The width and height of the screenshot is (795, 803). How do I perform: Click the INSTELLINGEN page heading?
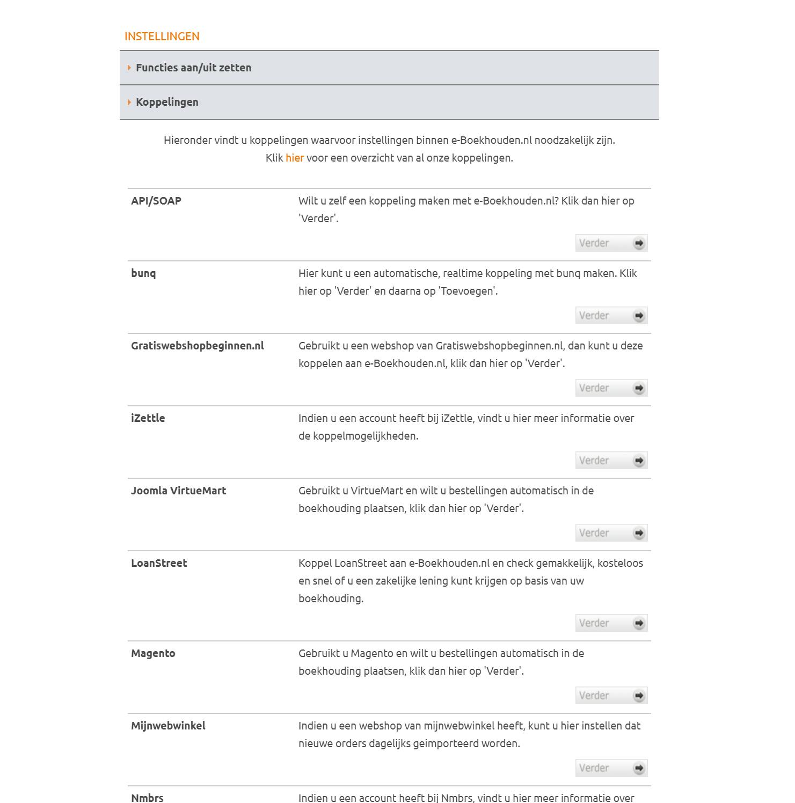(x=162, y=36)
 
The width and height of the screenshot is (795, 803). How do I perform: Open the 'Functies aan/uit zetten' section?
(x=193, y=68)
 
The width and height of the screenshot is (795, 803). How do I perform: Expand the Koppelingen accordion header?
(x=167, y=102)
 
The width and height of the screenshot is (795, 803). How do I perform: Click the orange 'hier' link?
(x=294, y=158)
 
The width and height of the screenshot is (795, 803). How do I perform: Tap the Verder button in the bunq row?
(x=611, y=316)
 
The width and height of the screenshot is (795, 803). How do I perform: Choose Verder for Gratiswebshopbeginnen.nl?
(x=611, y=388)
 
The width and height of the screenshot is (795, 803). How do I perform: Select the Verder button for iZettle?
(x=611, y=461)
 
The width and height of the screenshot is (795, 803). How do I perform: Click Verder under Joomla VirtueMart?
(x=611, y=533)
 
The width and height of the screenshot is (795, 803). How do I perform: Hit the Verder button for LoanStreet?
(x=611, y=623)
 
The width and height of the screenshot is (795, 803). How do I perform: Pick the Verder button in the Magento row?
(x=611, y=696)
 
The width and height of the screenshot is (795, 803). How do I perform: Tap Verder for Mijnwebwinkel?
(x=611, y=768)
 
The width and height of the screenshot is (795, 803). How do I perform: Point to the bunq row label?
(x=143, y=273)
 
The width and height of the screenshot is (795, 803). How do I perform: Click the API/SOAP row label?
(x=156, y=201)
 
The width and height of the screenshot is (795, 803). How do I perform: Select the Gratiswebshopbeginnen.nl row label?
(x=197, y=346)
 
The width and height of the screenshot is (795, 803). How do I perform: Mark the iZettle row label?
(x=148, y=418)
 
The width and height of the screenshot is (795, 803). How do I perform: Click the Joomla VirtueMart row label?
(x=178, y=491)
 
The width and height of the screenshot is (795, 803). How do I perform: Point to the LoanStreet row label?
(x=159, y=563)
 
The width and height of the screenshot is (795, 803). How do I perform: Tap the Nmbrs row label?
(x=147, y=798)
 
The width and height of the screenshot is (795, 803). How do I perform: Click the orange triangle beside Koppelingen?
(x=129, y=102)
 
